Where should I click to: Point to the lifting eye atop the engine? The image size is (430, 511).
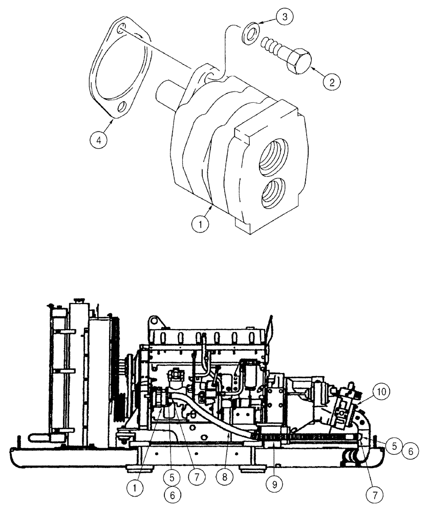click(154, 323)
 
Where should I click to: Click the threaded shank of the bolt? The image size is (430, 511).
click(270, 48)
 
